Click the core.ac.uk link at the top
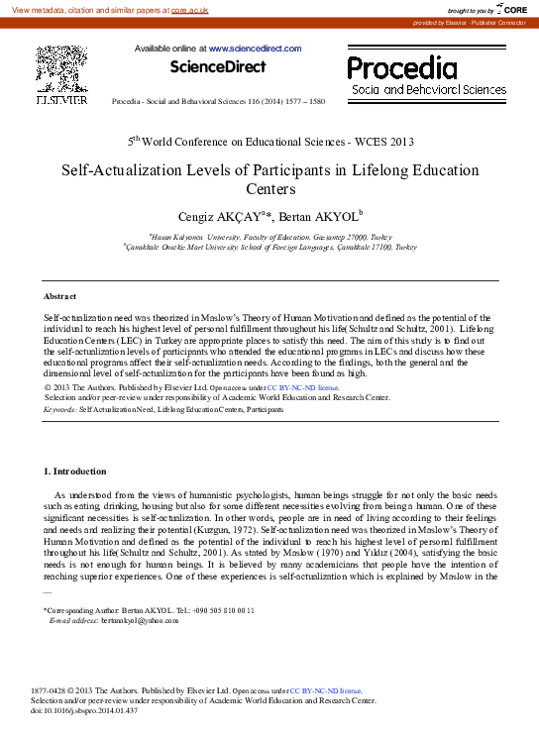(x=189, y=9)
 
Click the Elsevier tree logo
(x=61, y=68)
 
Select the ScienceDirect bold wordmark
(x=217, y=67)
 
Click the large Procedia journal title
(x=402, y=68)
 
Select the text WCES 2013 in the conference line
(x=377, y=142)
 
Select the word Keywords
(x=59, y=408)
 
